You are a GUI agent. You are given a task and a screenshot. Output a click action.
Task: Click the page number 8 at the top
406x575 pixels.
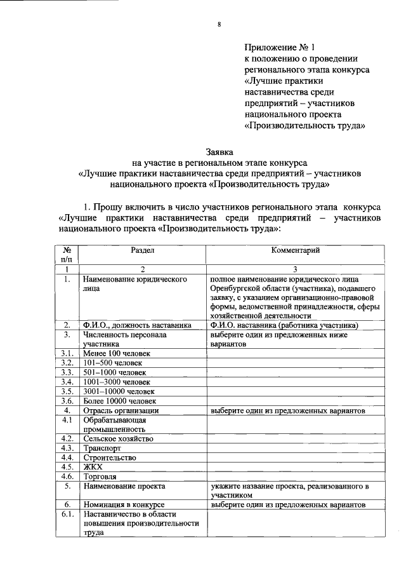[219, 25]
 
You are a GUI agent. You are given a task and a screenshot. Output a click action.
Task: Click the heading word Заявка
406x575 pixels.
[219, 152]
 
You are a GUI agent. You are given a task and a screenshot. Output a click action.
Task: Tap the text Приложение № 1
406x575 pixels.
[279, 48]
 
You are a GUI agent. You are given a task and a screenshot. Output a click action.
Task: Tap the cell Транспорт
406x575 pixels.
[103, 449]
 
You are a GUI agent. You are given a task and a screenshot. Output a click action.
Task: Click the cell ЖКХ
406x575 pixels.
[93, 467]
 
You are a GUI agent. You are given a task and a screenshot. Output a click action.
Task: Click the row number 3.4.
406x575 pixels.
[66, 382]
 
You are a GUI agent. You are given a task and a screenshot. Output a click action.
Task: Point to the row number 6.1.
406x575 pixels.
[66, 514]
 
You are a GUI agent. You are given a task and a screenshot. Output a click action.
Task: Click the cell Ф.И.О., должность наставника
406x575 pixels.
[137, 325]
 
